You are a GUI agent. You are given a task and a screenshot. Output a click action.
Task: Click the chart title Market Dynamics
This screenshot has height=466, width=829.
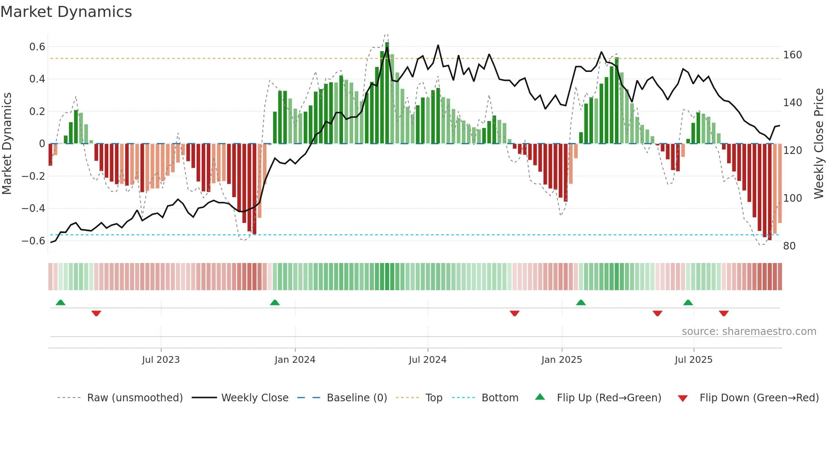(66, 12)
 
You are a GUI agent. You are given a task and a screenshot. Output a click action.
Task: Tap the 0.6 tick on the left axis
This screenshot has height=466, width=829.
(37, 47)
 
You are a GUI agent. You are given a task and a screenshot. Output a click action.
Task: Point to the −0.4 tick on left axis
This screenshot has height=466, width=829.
(33, 208)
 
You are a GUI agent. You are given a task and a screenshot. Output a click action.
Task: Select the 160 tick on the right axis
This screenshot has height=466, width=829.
(792, 55)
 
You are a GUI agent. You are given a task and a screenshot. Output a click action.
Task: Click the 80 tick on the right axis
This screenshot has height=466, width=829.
(789, 246)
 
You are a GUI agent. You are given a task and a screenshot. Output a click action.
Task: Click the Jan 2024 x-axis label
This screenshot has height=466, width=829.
(295, 360)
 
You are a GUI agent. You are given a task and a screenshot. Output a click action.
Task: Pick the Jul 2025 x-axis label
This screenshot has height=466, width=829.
(693, 360)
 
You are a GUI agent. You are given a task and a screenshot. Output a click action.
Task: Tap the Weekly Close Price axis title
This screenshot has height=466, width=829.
(819, 144)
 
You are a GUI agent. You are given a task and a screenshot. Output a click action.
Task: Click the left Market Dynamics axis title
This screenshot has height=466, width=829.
(7, 144)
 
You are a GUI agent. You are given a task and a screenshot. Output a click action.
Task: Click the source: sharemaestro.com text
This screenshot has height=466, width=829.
(749, 332)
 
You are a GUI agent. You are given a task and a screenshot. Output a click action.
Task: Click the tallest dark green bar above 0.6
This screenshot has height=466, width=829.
(387, 93)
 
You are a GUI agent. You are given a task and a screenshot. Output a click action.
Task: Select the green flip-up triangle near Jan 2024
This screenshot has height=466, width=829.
(275, 303)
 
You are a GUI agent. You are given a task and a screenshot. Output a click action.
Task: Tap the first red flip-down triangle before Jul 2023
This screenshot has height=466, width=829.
(96, 313)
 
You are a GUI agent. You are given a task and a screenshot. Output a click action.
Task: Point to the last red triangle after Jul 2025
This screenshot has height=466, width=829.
(724, 313)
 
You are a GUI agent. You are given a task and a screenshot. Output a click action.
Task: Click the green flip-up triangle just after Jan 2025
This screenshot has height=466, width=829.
(581, 303)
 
